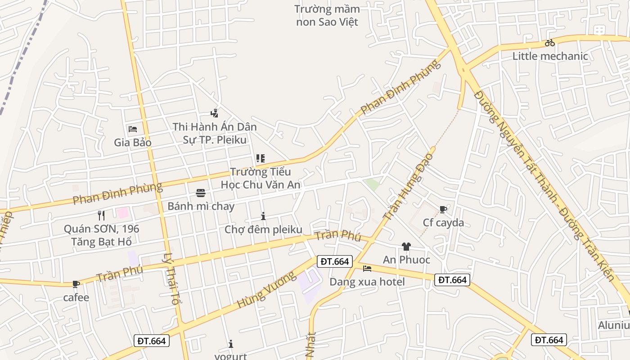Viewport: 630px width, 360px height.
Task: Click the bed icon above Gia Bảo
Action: click(133, 129)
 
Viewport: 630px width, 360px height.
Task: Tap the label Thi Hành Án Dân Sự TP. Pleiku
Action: click(215, 133)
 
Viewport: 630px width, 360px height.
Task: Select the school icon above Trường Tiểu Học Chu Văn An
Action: click(260, 158)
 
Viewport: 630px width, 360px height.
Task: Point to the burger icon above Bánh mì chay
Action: click(201, 193)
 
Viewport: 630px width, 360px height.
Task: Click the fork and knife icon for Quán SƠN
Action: click(101, 216)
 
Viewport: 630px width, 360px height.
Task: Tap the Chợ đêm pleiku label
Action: click(263, 229)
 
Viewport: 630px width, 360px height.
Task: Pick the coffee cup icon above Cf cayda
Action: click(443, 209)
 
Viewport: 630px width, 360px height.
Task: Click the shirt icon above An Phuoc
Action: click(406, 246)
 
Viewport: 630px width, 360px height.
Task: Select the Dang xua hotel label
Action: click(367, 282)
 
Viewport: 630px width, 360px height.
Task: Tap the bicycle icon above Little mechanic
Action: click(549, 43)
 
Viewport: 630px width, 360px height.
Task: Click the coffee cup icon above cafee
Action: click(76, 284)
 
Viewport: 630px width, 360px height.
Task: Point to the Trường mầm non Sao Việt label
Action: click(327, 15)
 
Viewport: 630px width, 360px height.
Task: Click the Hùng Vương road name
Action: click(267, 290)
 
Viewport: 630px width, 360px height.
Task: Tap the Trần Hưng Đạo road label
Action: click(409, 186)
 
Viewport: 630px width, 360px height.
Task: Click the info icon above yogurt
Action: click(231, 344)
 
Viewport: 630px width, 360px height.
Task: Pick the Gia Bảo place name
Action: click(133, 143)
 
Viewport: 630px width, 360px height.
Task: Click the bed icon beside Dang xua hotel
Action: click(367, 269)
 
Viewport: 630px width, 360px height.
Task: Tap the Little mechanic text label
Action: click(550, 56)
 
